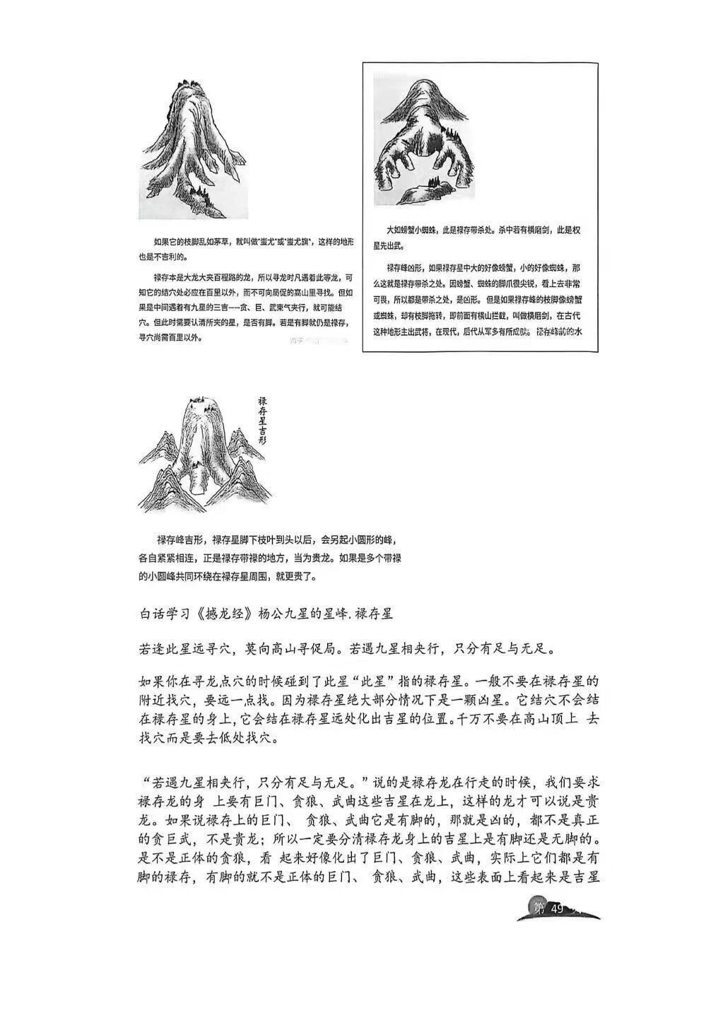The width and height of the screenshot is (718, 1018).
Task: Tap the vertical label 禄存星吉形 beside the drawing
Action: click(x=262, y=419)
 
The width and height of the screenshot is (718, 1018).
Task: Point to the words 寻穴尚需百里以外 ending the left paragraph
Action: click(x=170, y=337)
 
